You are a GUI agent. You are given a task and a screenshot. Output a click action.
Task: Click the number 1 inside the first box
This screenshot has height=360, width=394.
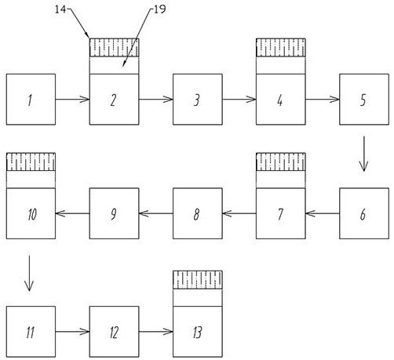[x=30, y=100]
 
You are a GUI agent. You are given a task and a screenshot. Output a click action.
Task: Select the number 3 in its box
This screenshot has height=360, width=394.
[x=197, y=100]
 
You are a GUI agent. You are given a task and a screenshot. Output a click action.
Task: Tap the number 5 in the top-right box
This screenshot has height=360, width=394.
[x=363, y=100]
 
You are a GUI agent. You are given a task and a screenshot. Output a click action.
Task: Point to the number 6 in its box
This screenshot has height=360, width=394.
[x=363, y=214]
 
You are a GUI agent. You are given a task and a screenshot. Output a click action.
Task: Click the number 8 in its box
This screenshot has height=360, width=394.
[x=196, y=214]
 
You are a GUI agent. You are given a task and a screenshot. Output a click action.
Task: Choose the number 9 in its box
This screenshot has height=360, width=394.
[x=113, y=214]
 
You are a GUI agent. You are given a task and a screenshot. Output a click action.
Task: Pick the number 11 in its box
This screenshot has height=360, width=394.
[x=31, y=333]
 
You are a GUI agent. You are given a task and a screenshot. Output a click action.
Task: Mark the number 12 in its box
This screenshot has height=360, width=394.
[x=114, y=333]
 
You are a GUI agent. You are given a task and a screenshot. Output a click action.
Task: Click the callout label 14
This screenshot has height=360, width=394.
[x=60, y=9]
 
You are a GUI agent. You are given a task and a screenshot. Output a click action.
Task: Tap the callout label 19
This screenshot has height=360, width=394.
[x=160, y=9]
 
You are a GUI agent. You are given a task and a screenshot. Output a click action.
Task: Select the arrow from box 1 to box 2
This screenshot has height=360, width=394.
[x=72, y=100]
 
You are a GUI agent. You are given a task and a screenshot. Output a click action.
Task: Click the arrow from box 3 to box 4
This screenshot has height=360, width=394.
[x=239, y=100]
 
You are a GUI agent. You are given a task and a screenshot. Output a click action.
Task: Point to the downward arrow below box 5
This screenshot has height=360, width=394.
[x=363, y=154]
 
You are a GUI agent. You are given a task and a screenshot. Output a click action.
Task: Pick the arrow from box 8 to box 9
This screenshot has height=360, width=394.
[x=156, y=213]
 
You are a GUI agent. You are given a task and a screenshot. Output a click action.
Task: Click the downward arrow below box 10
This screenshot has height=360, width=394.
[x=29, y=273]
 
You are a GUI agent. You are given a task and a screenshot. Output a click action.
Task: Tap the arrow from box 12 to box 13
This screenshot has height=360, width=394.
[x=156, y=332]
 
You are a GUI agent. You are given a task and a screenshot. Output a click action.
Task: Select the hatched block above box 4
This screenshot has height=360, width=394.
[x=281, y=48]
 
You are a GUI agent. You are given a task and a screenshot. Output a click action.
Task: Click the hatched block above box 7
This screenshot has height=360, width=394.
[x=281, y=162]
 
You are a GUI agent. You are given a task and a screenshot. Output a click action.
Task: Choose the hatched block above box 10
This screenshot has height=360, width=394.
[x=31, y=162]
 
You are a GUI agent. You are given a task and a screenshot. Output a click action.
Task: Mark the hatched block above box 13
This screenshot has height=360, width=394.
[x=198, y=280]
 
